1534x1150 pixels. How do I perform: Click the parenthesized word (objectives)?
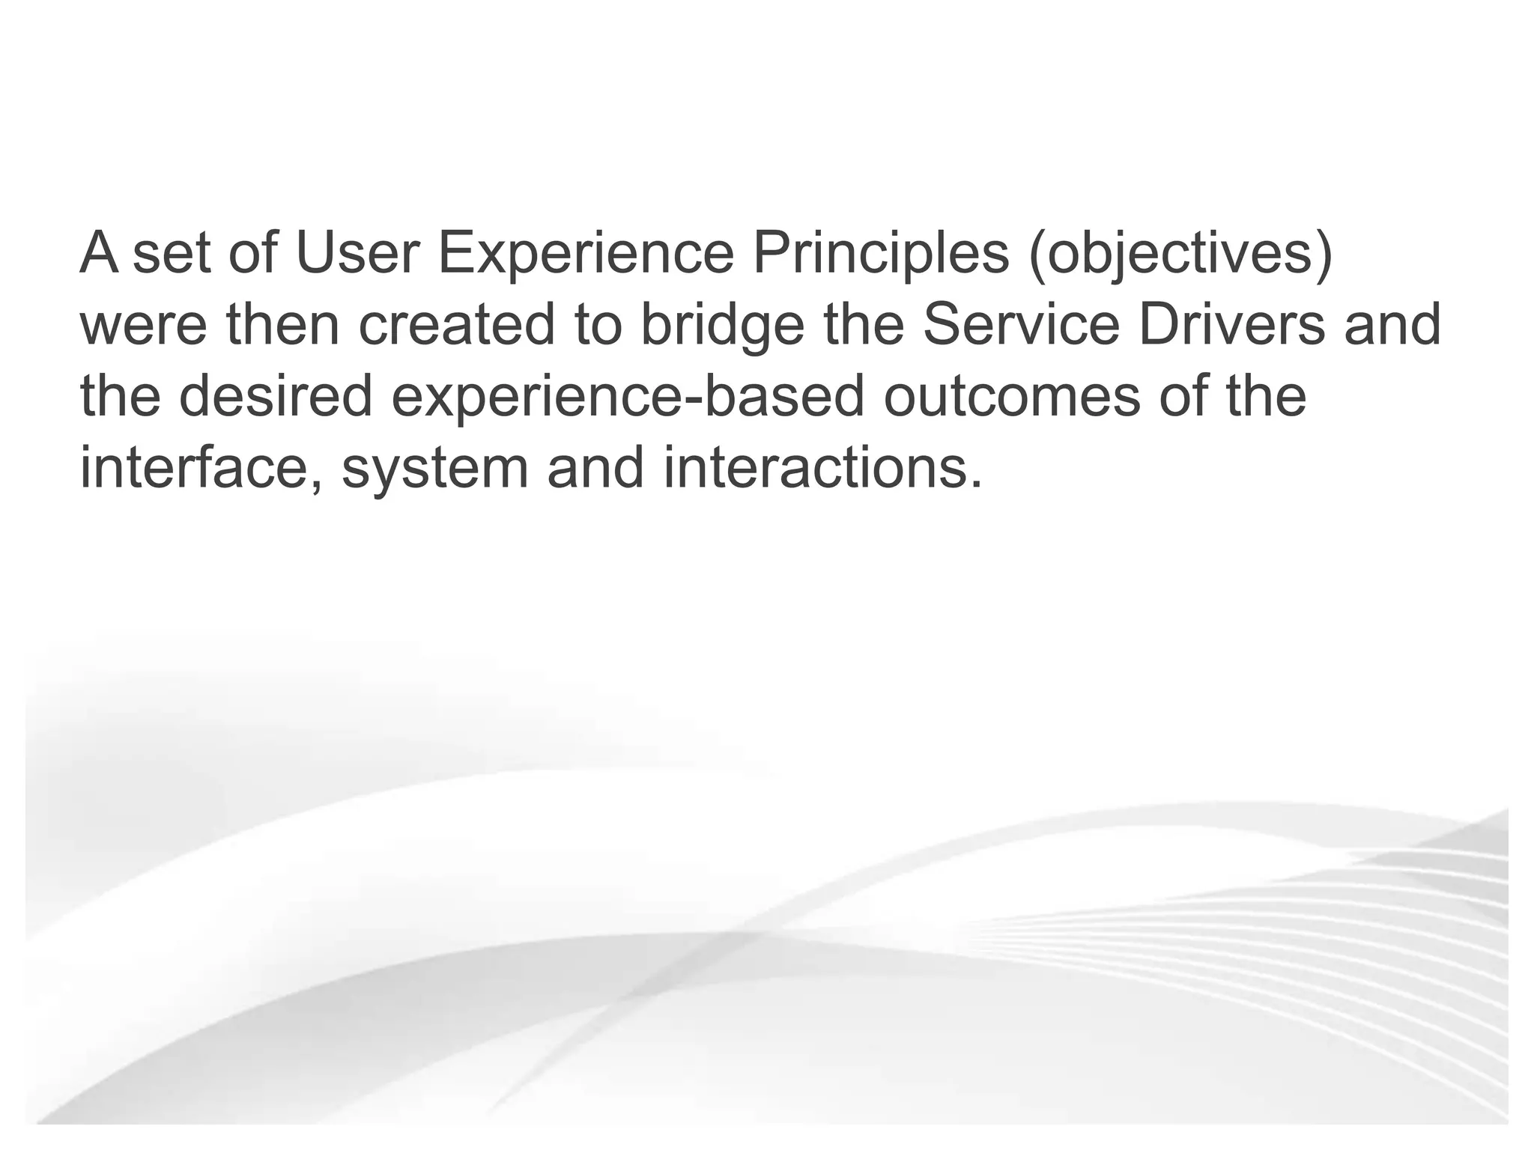pyautogui.click(x=1181, y=253)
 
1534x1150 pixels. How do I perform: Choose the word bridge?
pyautogui.click(x=721, y=325)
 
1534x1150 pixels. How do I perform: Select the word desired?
pyautogui.click(x=276, y=396)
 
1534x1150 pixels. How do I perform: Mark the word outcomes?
pyautogui.click(x=1012, y=396)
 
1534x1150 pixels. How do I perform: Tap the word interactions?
pyautogui.click(x=822, y=468)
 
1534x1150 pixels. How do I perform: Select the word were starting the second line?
pyautogui.click(x=142, y=325)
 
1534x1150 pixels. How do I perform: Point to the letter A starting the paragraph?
pyautogui.click(x=99, y=253)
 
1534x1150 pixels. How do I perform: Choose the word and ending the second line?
pyautogui.click(x=1392, y=325)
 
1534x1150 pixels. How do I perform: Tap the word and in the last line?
pyautogui.click(x=595, y=468)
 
